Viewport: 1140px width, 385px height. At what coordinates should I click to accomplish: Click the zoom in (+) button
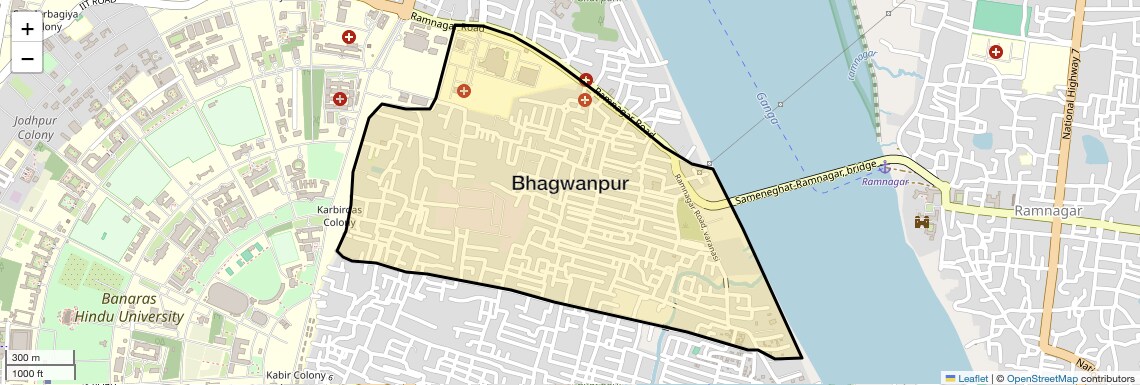(x=27, y=29)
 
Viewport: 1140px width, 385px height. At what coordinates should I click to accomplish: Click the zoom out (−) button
(x=27, y=59)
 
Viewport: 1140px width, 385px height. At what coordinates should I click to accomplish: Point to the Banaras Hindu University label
(x=142, y=308)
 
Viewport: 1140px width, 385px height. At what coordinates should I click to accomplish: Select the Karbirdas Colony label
(x=339, y=216)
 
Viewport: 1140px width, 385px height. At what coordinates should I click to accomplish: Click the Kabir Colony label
(x=297, y=376)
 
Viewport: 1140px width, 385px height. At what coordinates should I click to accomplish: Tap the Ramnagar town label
(x=1049, y=211)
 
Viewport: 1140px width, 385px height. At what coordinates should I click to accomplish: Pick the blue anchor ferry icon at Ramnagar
(x=884, y=166)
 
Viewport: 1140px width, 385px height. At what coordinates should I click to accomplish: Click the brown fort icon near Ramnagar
(x=922, y=221)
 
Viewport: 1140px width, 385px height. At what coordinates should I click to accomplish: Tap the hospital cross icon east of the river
(x=996, y=51)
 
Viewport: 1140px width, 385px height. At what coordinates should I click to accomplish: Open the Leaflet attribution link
(x=966, y=378)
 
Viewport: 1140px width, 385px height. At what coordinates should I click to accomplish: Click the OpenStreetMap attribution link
(x=1041, y=378)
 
